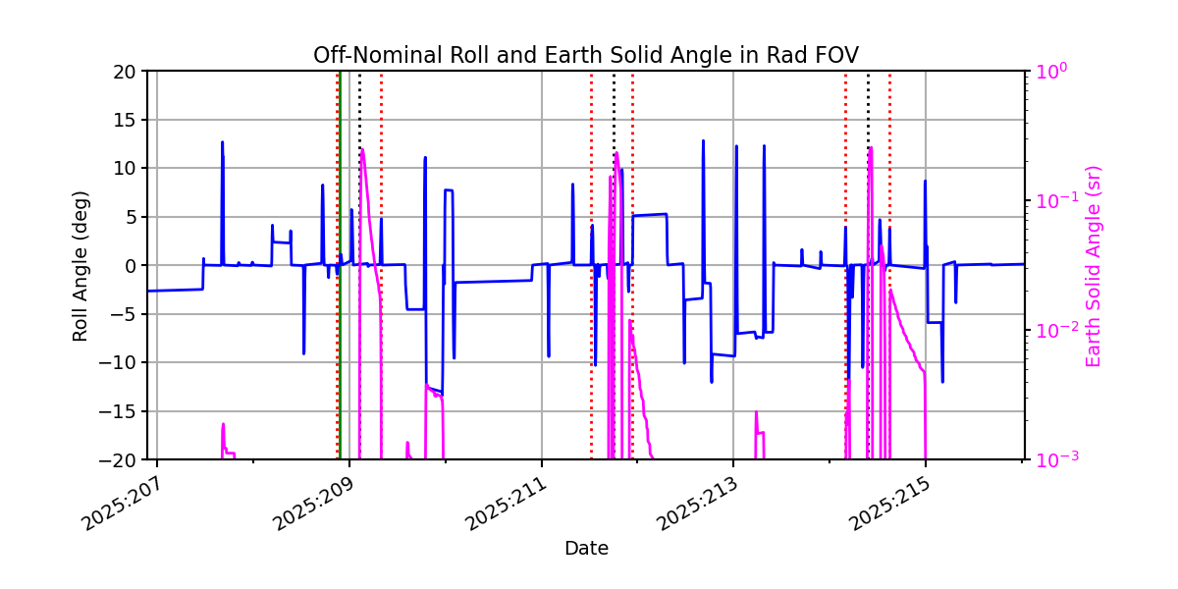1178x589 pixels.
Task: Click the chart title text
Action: [585, 55]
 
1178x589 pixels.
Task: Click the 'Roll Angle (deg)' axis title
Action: [80, 265]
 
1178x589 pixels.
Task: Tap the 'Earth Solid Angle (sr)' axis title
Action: [1094, 265]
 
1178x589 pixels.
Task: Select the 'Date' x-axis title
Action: [585, 549]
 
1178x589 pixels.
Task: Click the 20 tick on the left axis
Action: [126, 72]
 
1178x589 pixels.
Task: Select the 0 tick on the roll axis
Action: [132, 266]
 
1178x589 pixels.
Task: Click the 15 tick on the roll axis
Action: [126, 120]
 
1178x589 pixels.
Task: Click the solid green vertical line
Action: [339, 294]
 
